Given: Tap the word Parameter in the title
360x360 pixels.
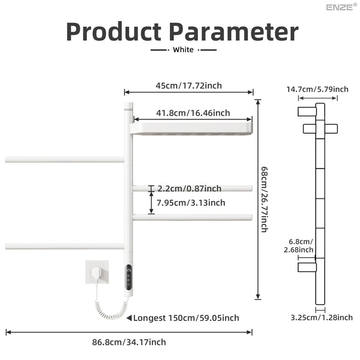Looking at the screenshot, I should (x=234, y=31).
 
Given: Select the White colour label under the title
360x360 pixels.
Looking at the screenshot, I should (x=183, y=50).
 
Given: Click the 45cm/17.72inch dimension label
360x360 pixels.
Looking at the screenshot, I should (x=188, y=85).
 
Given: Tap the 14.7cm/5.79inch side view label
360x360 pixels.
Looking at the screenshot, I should (x=317, y=89).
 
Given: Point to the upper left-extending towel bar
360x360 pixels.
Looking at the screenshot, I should (x=64, y=160).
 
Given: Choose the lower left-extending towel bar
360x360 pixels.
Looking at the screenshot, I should (x=64, y=246).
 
